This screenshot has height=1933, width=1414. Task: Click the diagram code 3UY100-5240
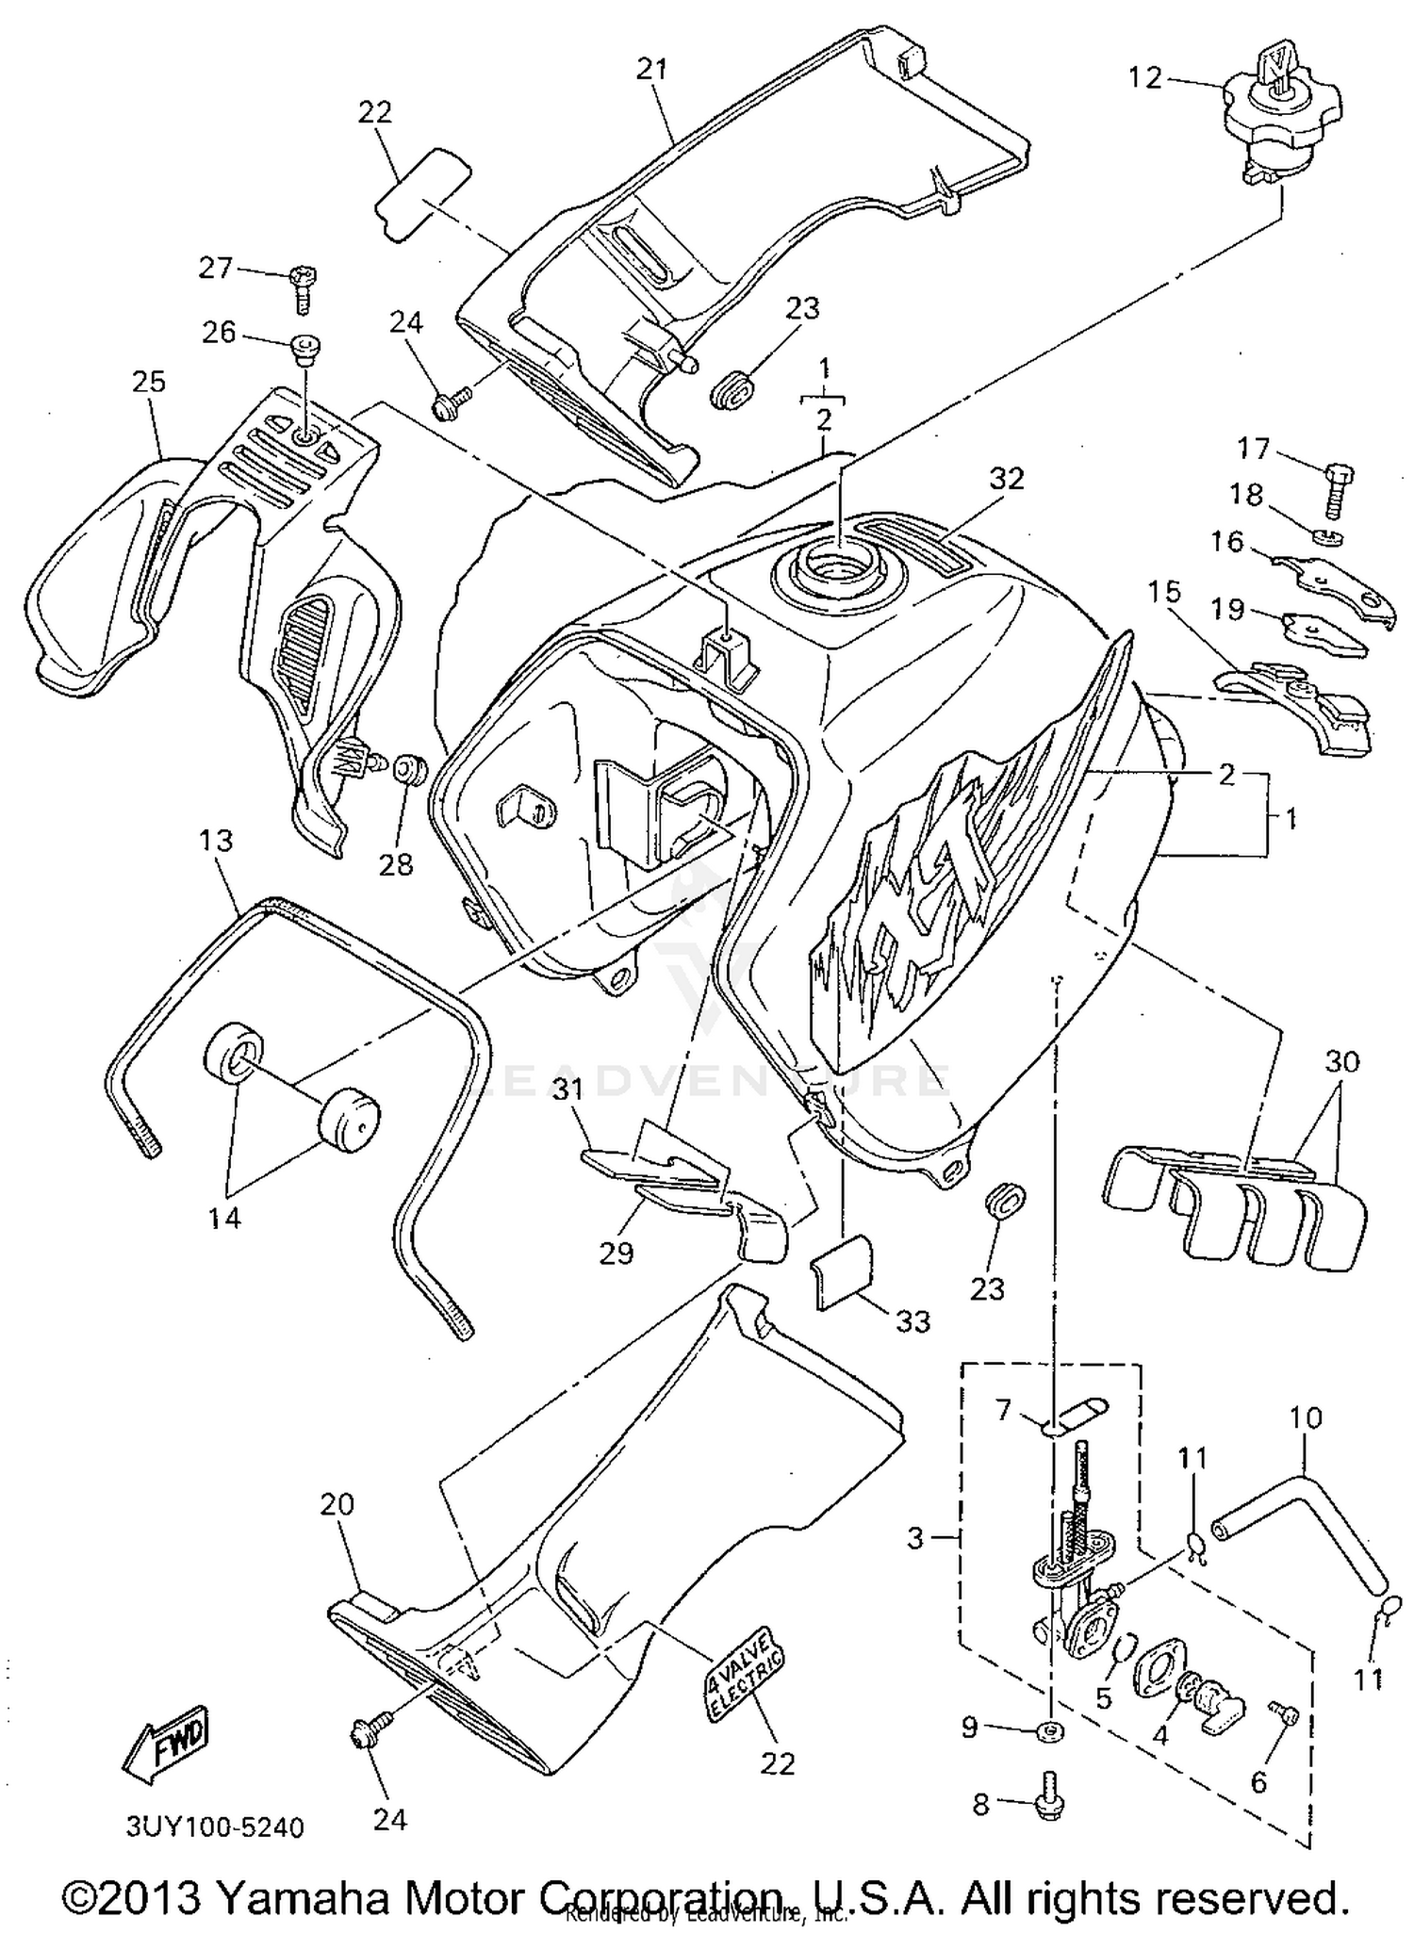(215, 1827)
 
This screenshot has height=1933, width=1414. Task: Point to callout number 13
(216, 841)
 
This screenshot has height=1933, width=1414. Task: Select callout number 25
(149, 382)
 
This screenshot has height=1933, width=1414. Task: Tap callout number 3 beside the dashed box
(914, 1538)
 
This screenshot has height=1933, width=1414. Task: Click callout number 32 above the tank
(1006, 479)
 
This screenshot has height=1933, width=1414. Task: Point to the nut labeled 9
(1049, 1729)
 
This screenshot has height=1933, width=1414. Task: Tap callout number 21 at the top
(651, 70)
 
